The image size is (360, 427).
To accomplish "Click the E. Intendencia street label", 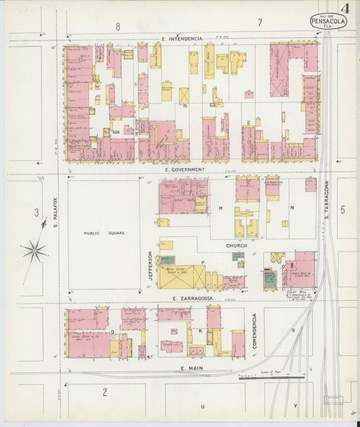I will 182,39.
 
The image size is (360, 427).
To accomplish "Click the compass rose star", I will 34,251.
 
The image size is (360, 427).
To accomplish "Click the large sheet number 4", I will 345,9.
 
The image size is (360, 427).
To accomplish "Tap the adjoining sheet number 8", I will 118,26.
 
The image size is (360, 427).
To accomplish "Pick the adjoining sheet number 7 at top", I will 259,24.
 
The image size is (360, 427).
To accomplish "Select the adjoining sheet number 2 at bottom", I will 105,392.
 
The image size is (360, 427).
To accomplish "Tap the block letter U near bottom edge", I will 202,406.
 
